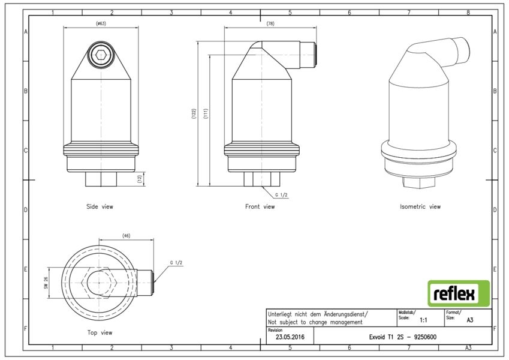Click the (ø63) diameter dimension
tap(101, 23)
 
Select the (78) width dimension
tap(270, 23)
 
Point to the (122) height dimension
tap(194, 114)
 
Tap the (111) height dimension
tap(206, 114)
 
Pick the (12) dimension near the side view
tap(140, 179)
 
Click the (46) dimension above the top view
tap(126, 236)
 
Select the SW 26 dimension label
tap(46, 283)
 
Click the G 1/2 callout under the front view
tap(281, 195)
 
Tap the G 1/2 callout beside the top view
tap(176, 263)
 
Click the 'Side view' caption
tap(100, 206)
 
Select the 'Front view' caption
tap(260, 206)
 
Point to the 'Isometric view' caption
tap(420, 206)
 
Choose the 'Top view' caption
tap(100, 332)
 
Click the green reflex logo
tap(459, 293)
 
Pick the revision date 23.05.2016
tap(290, 337)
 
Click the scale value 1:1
tap(423, 320)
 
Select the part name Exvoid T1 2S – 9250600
tap(402, 337)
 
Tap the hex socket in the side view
tap(101, 55)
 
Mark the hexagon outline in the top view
tap(99, 283)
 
